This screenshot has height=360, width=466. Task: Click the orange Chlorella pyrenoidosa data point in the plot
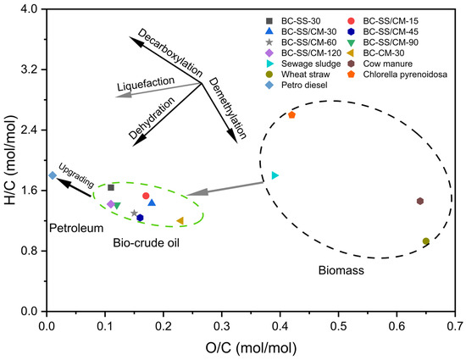[x=292, y=114]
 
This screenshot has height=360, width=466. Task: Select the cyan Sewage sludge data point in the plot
[x=275, y=175]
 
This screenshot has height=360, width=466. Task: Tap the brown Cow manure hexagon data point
[x=420, y=201]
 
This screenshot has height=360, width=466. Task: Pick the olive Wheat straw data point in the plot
[x=426, y=241]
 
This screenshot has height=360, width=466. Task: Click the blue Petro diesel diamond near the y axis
[x=53, y=175]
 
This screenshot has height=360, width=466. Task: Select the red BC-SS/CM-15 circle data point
[x=146, y=196]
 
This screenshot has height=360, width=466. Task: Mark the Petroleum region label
[x=75, y=228]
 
